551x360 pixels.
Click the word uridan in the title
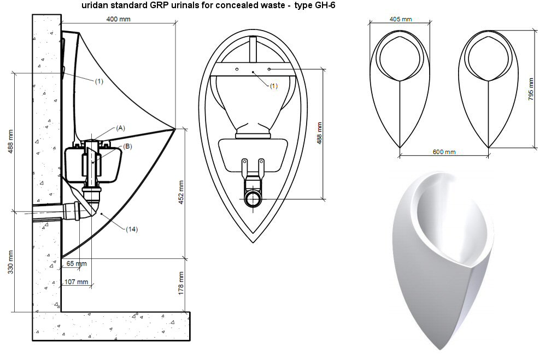coord(93,5)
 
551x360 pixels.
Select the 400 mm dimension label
coord(119,19)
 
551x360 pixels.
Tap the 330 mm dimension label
coord(10,262)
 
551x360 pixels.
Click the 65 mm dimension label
coord(77,263)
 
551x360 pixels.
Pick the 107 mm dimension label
coord(77,282)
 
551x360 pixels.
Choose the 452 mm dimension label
coord(181,193)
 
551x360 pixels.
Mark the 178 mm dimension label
coord(181,283)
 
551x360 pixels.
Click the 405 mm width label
coord(401,19)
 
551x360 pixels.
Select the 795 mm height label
coord(531,89)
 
